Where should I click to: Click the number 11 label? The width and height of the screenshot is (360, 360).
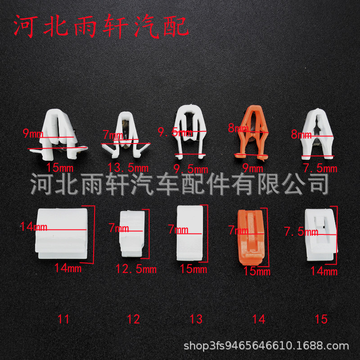[x=63, y=319]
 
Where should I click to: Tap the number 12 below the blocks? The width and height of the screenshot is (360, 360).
[x=133, y=319]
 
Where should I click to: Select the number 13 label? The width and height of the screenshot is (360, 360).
[x=196, y=319]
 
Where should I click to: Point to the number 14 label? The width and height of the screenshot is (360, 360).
[x=258, y=319]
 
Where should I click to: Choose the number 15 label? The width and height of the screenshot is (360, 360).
[x=321, y=319]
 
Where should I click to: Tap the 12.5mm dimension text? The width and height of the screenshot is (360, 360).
[x=136, y=269]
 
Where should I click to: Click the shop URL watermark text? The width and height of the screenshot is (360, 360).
[x=267, y=346]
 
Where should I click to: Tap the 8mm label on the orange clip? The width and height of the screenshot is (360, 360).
[x=238, y=128]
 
